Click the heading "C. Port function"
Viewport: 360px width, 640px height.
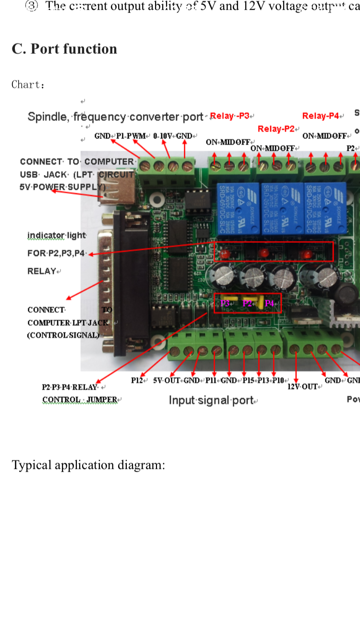[x=64, y=49]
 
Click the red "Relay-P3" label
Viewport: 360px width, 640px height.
[x=230, y=116]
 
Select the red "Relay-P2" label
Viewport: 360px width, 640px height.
[x=276, y=129]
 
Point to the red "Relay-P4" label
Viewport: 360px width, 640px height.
[x=321, y=116]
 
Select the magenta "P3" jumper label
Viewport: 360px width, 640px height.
[x=225, y=303]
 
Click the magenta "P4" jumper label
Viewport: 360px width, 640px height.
[x=269, y=303]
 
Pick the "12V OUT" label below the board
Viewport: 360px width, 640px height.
[x=302, y=386]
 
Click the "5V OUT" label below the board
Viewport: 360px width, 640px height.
[x=167, y=380]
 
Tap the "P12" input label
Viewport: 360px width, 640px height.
[x=137, y=380]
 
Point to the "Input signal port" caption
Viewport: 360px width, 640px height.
[x=211, y=400]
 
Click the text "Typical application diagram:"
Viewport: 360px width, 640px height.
[x=88, y=465]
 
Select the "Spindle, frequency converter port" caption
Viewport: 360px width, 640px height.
[x=116, y=117]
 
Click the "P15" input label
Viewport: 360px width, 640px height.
[x=248, y=380]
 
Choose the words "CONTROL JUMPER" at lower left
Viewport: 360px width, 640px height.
[x=80, y=400]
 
